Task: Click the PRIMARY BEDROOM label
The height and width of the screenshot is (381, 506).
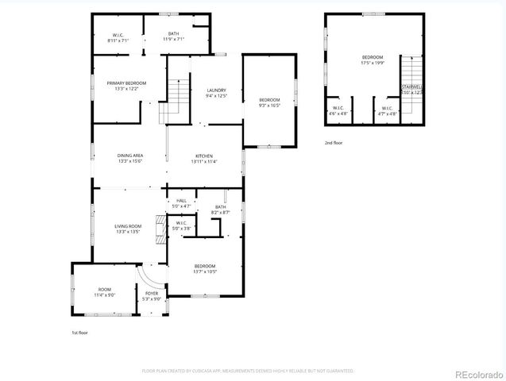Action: tap(127, 83)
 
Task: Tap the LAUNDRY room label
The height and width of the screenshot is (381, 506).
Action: tap(217, 90)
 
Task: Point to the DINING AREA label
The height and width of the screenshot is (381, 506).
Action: tap(130, 156)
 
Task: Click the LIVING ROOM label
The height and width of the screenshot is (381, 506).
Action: tap(128, 226)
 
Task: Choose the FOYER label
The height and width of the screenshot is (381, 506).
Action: tap(152, 294)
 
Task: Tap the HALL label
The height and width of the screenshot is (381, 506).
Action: tap(181, 201)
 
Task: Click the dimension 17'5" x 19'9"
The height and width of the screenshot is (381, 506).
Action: tap(373, 63)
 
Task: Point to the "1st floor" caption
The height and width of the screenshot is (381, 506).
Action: tap(80, 333)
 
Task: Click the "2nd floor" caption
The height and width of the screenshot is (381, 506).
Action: tap(334, 143)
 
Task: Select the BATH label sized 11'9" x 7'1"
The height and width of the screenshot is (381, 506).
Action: tap(173, 33)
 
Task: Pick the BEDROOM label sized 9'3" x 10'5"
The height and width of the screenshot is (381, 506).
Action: tap(269, 99)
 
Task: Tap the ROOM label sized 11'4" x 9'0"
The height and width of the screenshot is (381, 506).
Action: tap(105, 290)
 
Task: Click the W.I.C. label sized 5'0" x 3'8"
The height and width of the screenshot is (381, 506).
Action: tap(180, 223)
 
